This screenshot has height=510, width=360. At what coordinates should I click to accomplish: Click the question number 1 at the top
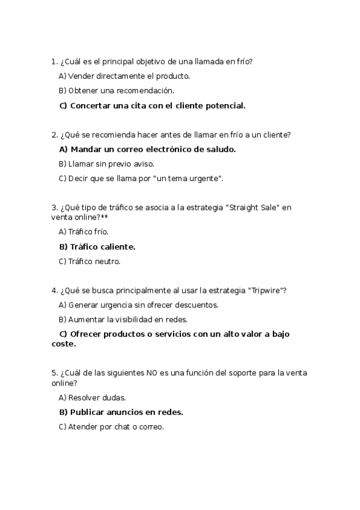[x=54, y=61]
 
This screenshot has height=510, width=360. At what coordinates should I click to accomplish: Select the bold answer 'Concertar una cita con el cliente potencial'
[x=153, y=106]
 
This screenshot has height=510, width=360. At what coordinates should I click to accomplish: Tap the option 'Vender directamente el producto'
[x=124, y=76]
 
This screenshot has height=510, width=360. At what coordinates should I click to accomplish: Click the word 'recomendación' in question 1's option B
[x=147, y=91]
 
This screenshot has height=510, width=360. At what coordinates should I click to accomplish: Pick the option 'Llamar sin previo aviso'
[x=107, y=164]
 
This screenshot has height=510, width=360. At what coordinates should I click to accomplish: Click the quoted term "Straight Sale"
[x=252, y=207]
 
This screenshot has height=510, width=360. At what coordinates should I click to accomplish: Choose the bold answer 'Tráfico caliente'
[x=97, y=247]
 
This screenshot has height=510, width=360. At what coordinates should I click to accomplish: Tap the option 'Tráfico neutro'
[x=90, y=262]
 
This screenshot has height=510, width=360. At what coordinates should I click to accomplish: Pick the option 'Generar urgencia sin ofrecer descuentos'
[x=138, y=305]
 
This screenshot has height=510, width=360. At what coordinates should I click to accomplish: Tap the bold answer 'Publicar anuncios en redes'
[x=121, y=413]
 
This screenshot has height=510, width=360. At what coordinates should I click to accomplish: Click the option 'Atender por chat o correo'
[x=111, y=427]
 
